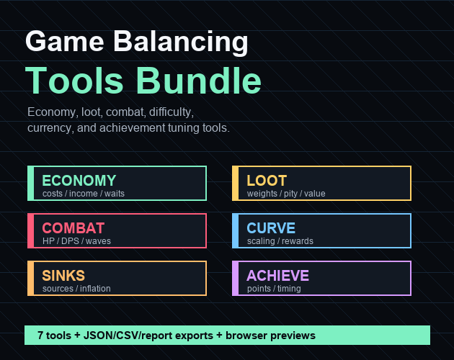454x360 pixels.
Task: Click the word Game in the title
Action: pyautogui.click(x=65, y=41)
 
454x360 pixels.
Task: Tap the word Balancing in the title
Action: pyautogui.click(x=181, y=42)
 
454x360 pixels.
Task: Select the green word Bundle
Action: pyautogui.click(x=199, y=80)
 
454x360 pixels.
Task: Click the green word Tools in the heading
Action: pyautogui.click(x=74, y=80)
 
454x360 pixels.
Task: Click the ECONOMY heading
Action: pyautogui.click(x=79, y=181)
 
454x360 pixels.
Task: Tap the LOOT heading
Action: pyautogui.click(x=267, y=181)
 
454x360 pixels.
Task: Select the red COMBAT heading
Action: pyautogui.click(x=74, y=228)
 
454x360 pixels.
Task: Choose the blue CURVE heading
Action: pyautogui.click(x=271, y=228)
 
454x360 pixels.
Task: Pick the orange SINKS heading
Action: pyautogui.click(x=63, y=276)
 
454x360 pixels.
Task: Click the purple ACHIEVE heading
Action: pyautogui.click(x=278, y=276)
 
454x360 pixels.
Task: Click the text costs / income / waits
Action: pyautogui.click(x=84, y=193)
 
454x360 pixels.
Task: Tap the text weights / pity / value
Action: pyautogui.click(x=286, y=194)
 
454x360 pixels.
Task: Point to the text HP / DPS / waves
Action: pyautogui.click(x=76, y=240)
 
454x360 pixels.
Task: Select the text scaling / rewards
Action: pyautogui.click(x=280, y=241)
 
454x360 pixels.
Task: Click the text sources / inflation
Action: pyautogui.click(x=76, y=288)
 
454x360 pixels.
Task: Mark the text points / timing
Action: pyautogui.click(x=274, y=289)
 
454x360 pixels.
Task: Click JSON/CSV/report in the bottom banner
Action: pyautogui.click(x=148, y=336)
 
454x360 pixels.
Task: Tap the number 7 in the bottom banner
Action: pyautogui.click(x=40, y=336)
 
